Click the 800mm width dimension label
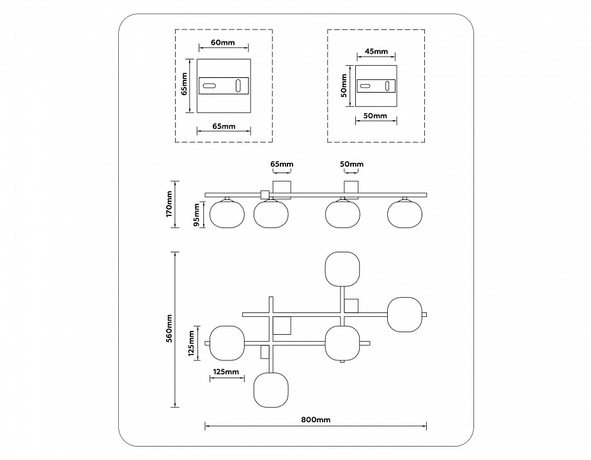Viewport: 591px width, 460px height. pyautogui.click(x=315, y=420)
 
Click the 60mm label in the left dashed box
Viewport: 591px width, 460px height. pyautogui.click(x=222, y=43)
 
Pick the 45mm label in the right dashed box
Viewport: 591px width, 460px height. pyautogui.click(x=376, y=52)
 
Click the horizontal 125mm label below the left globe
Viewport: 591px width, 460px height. pyautogui.click(x=226, y=371)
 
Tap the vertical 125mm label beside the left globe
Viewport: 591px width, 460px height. pyautogui.click(x=192, y=343)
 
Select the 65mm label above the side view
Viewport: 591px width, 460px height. pyautogui.click(x=282, y=164)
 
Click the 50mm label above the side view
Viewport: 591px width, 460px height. pyautogui.click(x=351, y=164)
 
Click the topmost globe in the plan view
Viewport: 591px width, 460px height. pyautogui.click(x=343, y=271)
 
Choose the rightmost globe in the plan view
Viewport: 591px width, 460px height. pyautogui.click(x=405, y=314)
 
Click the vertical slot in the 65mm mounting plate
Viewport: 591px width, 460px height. pyautogui.click(x=239, y=86)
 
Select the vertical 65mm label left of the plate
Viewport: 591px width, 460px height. pyautogui.click(x=184, y=84)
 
